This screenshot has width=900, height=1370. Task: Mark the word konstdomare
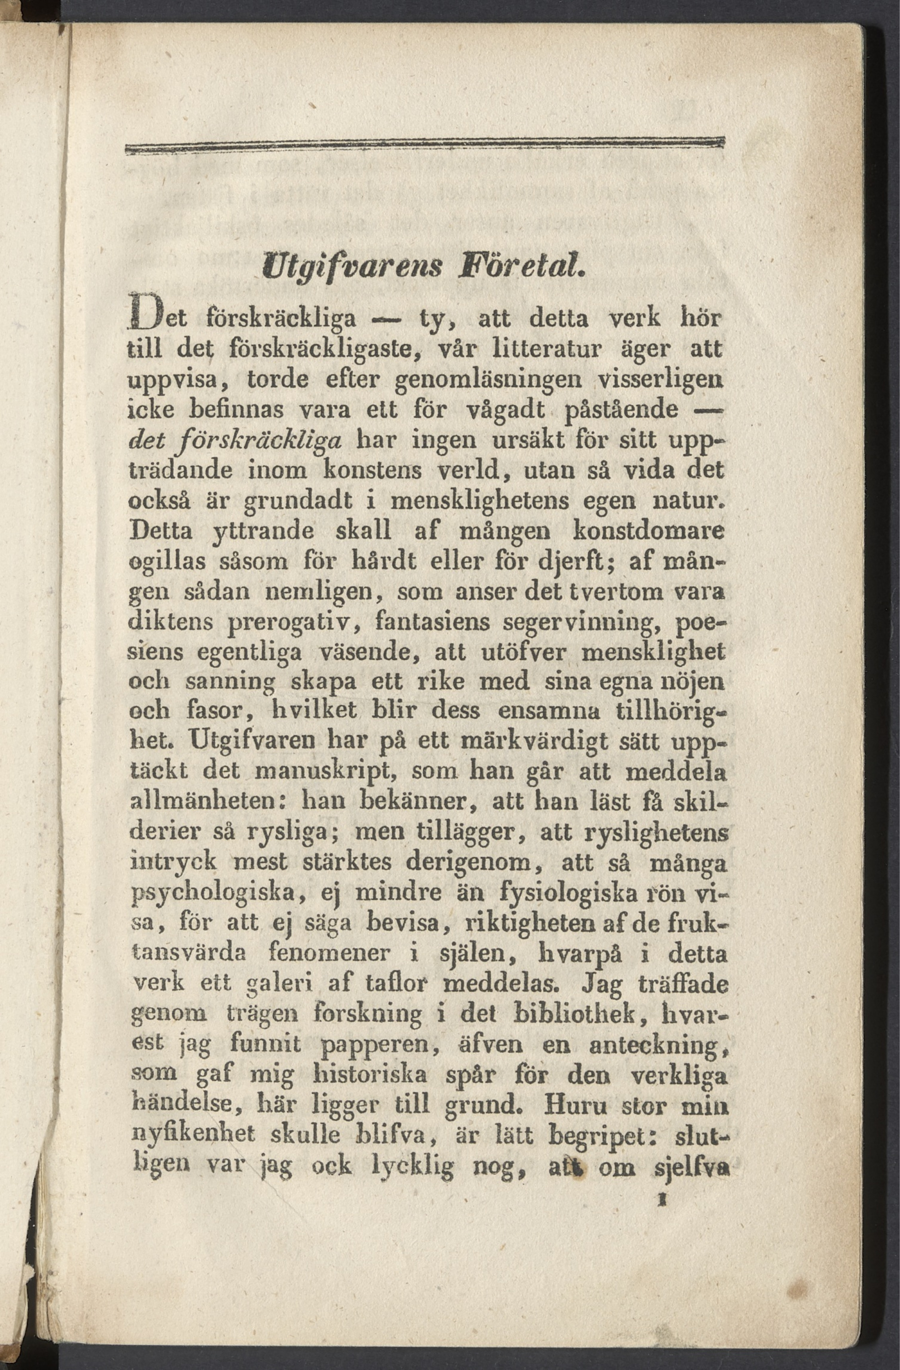coord(649,531)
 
